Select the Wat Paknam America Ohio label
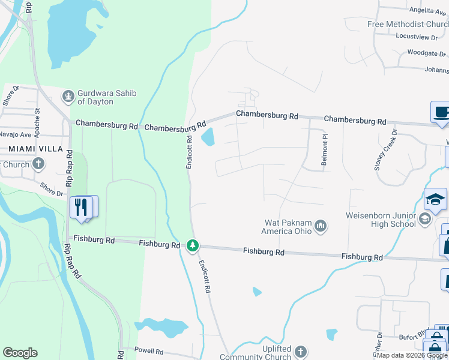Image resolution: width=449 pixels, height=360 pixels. pyautogui.click(x=288, y=226)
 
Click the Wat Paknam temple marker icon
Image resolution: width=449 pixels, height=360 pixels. pyautogui.click(x=321, y=226)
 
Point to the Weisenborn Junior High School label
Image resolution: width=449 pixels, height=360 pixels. pyautogui.click(x=381, y=220)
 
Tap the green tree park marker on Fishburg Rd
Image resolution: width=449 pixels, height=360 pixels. pyautogui.click(x=192, y=245)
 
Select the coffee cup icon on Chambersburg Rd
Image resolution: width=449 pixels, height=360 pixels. pyautogui.click(x=441, y=112)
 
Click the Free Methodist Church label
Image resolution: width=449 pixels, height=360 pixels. pyautogui.click(x=408, y=24)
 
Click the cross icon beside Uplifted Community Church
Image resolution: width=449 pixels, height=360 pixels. pyautogui.click(x=301, y=352)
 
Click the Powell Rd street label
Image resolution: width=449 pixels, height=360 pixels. pyautogui.click(x=149, y=350)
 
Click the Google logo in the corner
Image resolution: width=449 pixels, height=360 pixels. pyautogui.click(x=20, y=353)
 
